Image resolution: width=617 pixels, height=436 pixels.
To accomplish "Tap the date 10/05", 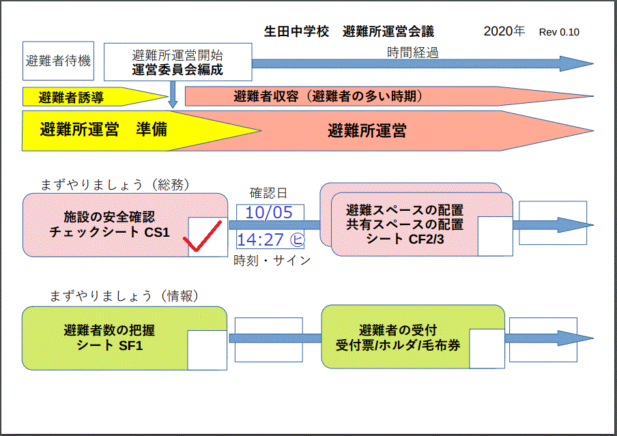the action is [269, 213].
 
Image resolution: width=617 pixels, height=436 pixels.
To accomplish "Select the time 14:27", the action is [261, 239].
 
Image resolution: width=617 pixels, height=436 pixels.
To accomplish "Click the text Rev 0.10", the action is [559, 32].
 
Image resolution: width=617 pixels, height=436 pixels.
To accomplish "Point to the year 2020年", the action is [504, 31].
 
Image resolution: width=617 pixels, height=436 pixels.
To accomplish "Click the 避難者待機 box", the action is [58, 61].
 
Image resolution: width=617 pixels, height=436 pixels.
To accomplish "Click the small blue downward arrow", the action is [173, 94].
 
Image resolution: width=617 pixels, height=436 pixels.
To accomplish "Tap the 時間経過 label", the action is [412, 53].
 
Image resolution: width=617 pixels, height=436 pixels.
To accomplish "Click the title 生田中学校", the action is [296, 31].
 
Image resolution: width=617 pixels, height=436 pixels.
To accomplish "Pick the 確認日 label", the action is [268, 193].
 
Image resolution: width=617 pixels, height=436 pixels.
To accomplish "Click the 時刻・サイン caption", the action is [272, 260].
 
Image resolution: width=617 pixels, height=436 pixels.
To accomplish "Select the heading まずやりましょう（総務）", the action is [115, 184].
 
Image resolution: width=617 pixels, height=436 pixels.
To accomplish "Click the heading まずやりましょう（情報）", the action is [124, 296].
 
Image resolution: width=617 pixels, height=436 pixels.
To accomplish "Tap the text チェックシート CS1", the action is [109, 232].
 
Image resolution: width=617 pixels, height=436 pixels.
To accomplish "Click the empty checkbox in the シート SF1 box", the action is [207, 350].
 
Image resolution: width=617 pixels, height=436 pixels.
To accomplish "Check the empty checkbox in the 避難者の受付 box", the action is [487, 349].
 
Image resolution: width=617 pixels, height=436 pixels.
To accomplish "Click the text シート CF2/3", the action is [405, 239].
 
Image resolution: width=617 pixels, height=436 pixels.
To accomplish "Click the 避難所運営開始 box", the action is [178, 62].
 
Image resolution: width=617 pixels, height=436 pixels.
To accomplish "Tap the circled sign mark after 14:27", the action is [297, 239].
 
